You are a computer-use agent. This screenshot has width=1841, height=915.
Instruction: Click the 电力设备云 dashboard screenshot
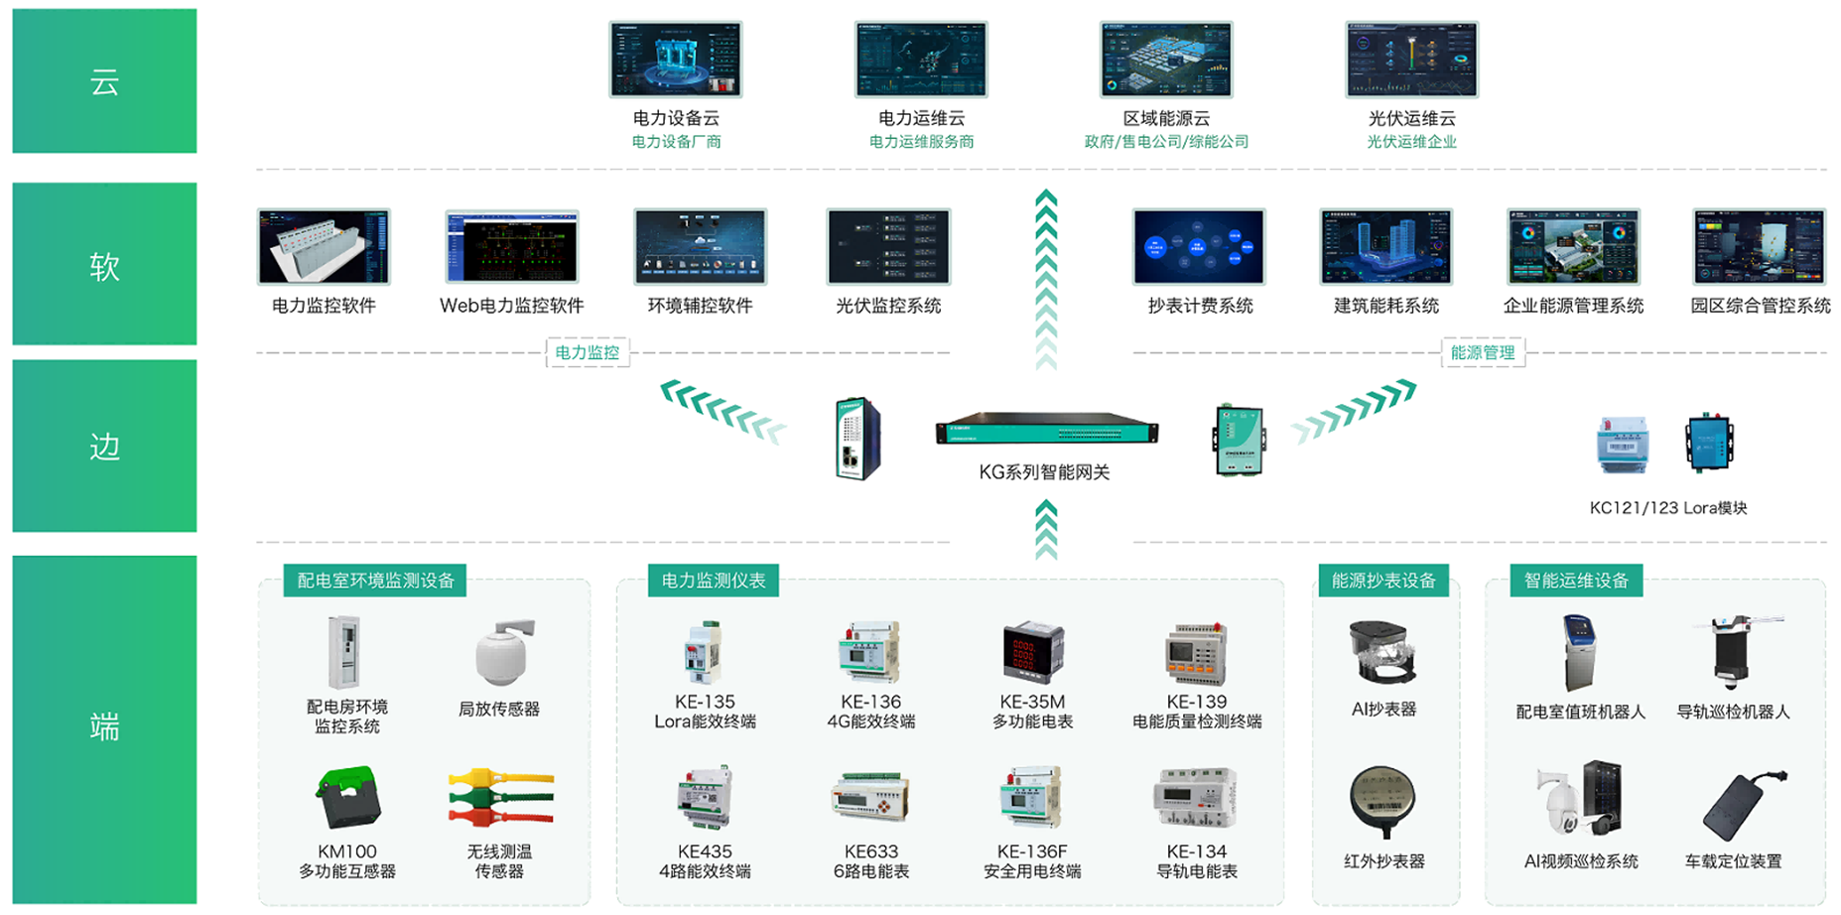(675, 60)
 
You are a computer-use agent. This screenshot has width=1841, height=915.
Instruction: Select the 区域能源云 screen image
(1166, 60)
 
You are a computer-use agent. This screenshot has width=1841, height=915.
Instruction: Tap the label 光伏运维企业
(1411, 142)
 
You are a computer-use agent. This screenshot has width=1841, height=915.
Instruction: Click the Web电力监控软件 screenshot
(512, 247)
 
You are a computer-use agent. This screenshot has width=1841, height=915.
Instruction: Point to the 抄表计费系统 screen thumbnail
(1199, 247)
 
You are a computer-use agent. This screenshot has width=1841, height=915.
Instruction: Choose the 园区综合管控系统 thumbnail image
(1759, 247)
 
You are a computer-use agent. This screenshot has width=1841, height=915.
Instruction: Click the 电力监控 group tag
(588, 352)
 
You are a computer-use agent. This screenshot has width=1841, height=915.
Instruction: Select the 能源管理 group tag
(1483, 352)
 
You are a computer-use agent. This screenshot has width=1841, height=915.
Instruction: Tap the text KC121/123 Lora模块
(1668, 508)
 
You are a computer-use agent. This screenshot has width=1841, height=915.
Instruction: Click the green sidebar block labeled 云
(104, 81)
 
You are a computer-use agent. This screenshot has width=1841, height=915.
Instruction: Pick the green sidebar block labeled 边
(104, 446)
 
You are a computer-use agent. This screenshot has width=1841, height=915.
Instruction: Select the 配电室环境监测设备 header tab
(376, 581)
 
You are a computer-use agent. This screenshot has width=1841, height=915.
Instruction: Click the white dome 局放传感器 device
(504, 653)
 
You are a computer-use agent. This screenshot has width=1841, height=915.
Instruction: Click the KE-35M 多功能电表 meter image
(1032, 654)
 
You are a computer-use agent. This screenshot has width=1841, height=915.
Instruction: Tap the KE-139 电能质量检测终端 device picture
(1196, 654)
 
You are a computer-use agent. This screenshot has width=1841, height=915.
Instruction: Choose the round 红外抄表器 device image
(1382, 802)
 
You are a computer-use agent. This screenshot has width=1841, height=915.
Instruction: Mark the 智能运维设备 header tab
(1576, 581)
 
